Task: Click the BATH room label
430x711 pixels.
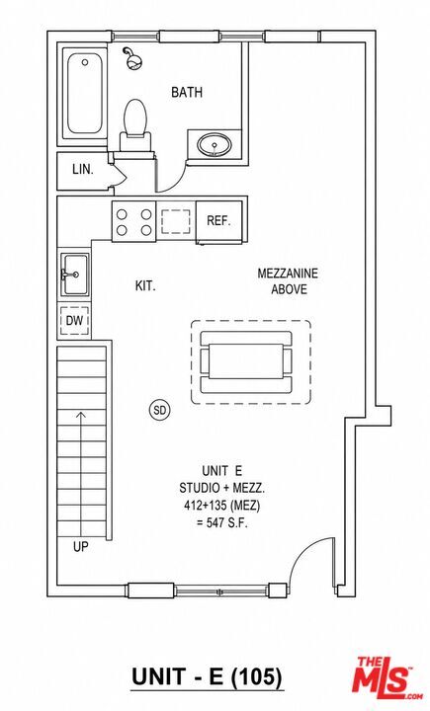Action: (x=187, y=93)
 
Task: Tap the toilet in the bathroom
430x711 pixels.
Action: (x=134, y=124)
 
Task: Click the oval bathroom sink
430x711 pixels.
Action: (x=215, y=145)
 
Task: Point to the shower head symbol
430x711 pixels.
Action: (x=132, y=59)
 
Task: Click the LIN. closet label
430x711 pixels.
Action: (x=83, y=170)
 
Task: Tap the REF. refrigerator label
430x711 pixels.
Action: (x=218, y=221)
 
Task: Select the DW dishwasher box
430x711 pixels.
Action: (x=74, y=321)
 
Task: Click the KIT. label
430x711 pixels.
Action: (x=145, y=286)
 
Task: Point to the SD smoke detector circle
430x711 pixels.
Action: (x=159, y=411)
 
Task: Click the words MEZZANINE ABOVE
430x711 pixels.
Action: (x=288, y=281)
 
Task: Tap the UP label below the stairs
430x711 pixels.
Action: (x=81, y=547)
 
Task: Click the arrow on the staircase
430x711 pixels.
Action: (x=81, y=473)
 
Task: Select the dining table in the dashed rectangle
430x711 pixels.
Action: (x=245, y=361)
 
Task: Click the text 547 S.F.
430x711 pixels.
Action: (x=222, y=522)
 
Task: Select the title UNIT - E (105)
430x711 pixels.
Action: (x=207, y=677)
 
